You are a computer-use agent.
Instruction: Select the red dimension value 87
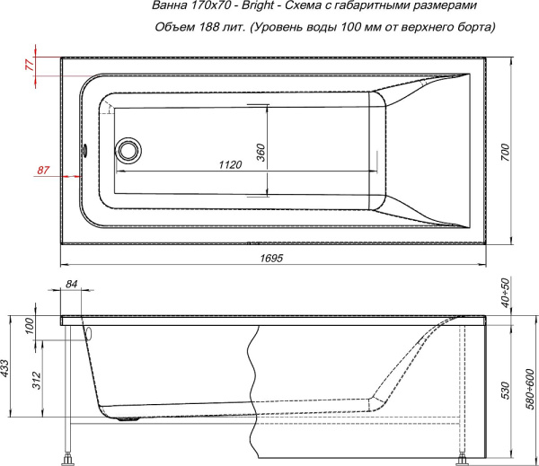click(44, 170)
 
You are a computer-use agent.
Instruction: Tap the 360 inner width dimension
click(261, 151)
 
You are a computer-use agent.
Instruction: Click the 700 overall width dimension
click(505, 153)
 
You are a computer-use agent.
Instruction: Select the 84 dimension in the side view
click(72, 285)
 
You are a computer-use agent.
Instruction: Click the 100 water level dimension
click(29, 326)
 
